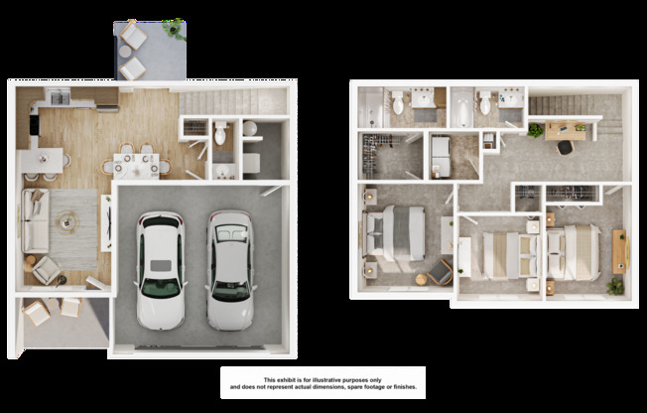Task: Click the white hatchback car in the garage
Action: [161, 269]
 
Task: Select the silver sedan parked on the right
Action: [230, 269]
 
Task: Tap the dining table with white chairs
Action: [138, 161]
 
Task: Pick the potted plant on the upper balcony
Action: [175, 28]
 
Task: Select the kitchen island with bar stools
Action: [47, 160]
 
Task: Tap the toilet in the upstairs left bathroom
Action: [397, 102]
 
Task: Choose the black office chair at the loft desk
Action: [565, 147]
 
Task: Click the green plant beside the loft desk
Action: [536, 130]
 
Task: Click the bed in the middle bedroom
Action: [507, 254]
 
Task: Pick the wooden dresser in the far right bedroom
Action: [619, 249]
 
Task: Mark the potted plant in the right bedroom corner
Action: [615, 285]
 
